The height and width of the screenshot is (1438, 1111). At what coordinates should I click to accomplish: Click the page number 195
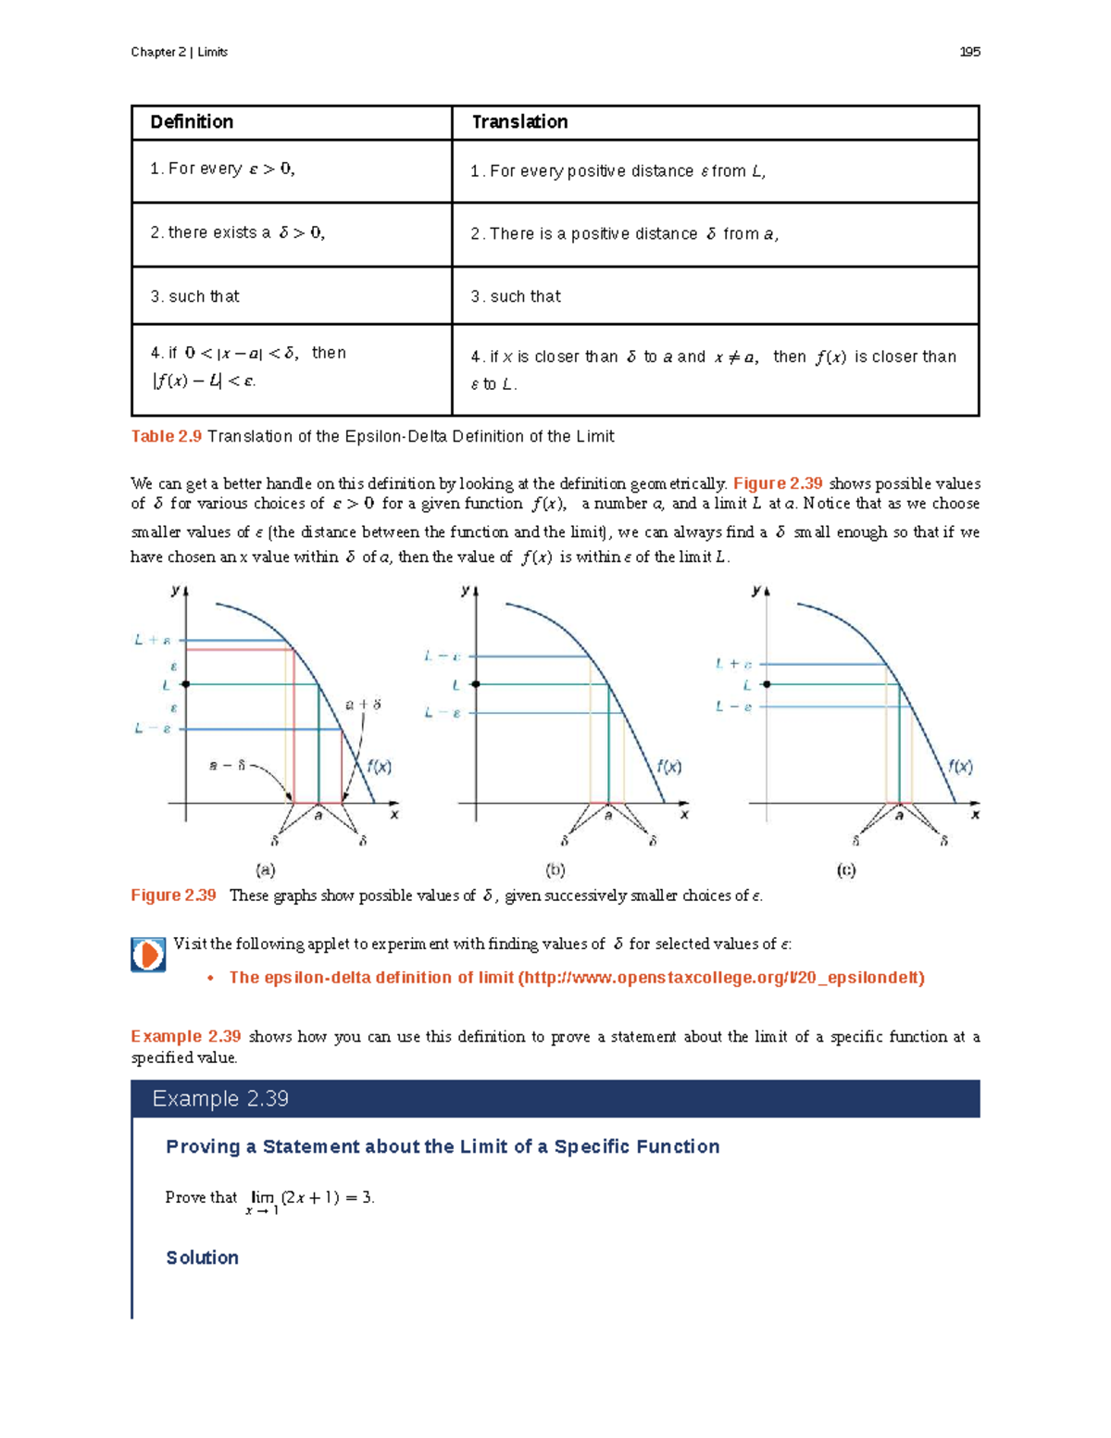click(x=969, y=52)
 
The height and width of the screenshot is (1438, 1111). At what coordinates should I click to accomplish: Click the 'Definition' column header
click(x=192, y=122)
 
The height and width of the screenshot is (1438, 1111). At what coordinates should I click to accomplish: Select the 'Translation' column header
click(x=519, y=122)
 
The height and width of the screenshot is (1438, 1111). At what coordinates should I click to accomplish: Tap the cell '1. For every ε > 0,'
click(x=222, y=169)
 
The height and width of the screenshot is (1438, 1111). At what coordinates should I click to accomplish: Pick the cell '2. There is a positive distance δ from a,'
click(x=624, y=234)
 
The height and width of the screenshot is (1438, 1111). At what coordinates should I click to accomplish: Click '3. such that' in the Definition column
click(x=194, y=296)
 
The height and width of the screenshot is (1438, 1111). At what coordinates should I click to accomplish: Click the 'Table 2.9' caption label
click(x=166, y=436)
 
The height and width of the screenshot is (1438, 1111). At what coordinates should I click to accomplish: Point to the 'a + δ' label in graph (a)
click(x=363, y=705)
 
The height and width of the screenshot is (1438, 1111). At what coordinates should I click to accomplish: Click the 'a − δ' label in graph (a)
click(x=228, y=765)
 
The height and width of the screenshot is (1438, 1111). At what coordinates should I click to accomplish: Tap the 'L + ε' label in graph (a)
click(x=152, y=640)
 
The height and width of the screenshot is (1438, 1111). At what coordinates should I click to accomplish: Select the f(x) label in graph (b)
click(x=668, y=767)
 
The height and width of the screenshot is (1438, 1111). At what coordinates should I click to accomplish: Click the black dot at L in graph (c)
click(x=767, y=684)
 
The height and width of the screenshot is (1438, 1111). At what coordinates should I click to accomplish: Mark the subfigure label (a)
click(x=266, y=869)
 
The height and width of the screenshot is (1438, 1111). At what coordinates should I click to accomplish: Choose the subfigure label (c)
click(x=846, y=869)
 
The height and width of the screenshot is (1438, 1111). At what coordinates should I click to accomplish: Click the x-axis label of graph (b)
click(x=684, y=815)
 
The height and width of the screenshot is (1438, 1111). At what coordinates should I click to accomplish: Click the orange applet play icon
click(x=148, y=955)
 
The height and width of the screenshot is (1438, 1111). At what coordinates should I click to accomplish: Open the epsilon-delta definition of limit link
click(x=576, y=978)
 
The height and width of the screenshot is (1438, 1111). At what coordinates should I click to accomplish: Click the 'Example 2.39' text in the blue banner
click(x=220, y=1099)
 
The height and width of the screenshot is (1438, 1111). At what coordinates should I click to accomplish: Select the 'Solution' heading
click(x=202, y=1257)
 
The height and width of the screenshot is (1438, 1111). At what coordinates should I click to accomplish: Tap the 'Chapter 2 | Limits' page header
click(x=179, y=52)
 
